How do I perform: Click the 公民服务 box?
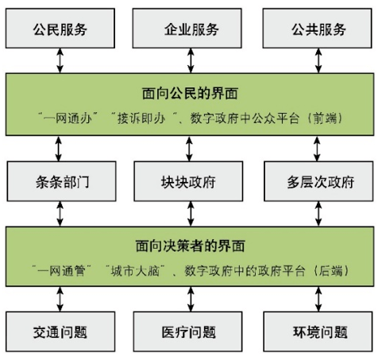pos(60,30)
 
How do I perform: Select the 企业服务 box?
pos(191,30)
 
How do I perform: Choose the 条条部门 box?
pos(60,182)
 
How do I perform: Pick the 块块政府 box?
pos(191,182)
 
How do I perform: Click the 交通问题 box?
pos(60,332)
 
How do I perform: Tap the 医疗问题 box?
pos(191,332)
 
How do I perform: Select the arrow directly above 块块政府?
pos(191,148)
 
